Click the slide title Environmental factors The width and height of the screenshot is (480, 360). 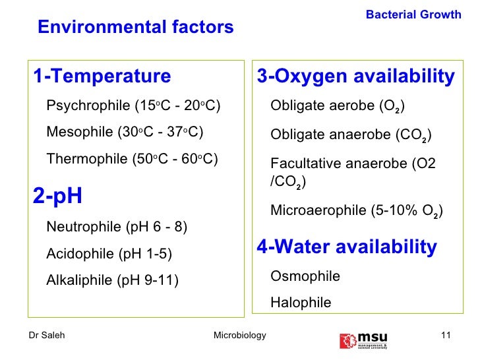pos(136,27)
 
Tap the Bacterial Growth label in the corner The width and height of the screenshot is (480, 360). pos(413,15)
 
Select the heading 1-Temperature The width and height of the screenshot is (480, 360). pos(102,76)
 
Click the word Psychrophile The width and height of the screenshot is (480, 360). pos(88,105)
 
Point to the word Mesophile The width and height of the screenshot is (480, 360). pos(80,132)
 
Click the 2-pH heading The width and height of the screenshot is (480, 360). pos(57,195)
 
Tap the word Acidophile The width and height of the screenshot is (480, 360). pos(80,253)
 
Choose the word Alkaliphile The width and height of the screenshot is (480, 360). pos(80,280)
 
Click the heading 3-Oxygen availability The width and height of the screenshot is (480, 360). pos(356,76)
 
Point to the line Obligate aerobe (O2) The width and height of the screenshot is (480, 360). pos(338,106)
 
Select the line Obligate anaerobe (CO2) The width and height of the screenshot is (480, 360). pos(351,136)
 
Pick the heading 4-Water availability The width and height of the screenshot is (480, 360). pos(347,247)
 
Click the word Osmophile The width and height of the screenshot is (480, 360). pos(305,276)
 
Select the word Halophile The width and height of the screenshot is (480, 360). pos(301,303)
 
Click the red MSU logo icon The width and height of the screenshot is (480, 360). pos(347,340)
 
